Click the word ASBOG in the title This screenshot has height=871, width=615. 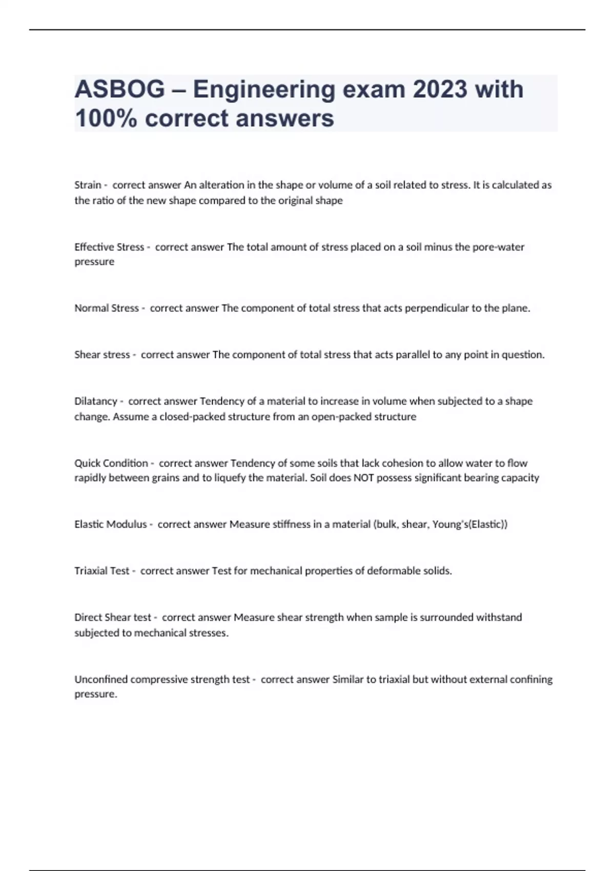point(119,90)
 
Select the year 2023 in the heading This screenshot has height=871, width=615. point(440,90)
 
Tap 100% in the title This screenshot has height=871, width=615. point(106,118)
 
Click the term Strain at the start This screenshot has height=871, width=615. point(88,185)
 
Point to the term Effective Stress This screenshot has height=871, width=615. point(109,247)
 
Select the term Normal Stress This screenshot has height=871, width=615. point(107,308)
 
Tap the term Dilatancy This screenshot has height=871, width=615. point(95,401)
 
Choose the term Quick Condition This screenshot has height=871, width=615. point(111,463)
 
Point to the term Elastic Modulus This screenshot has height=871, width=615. point(111,524)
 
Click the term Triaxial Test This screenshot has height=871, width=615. point(102,571)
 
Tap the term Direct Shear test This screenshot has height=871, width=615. point(113,617)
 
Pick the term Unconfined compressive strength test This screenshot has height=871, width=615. point(162,679)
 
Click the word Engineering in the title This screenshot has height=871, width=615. point(264,90)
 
